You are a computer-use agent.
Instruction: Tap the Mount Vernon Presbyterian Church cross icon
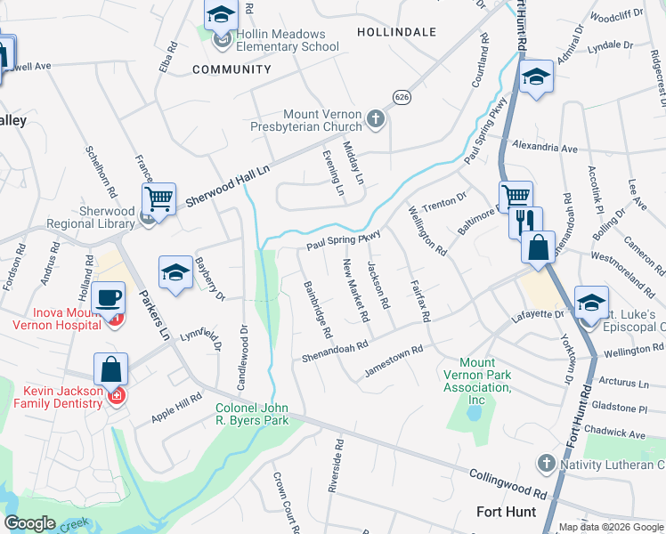[377, 118]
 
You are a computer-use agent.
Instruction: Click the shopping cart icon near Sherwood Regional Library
[159, 198]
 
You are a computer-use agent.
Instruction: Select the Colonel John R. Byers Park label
[253, 416]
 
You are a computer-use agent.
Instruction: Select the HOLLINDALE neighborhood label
[396, 31]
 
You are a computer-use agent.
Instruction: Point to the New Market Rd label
[355, 289]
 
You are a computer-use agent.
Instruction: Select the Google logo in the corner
[29, 524]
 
